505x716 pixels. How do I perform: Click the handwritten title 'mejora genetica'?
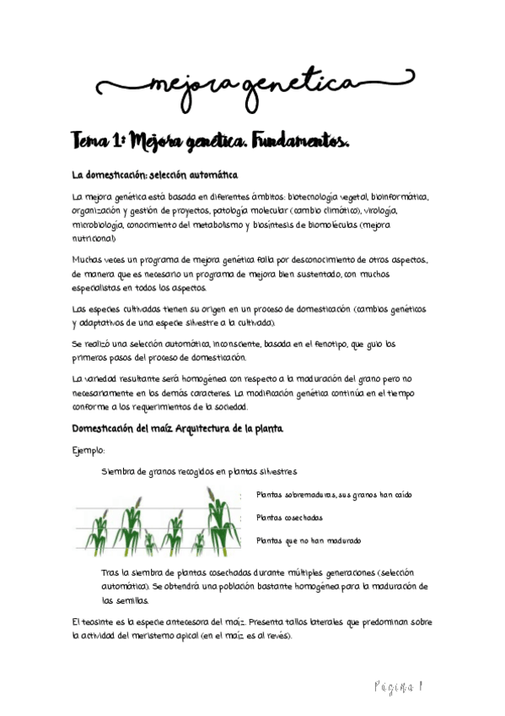click(252, 84)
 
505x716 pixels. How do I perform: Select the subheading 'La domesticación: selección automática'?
click(156, 175)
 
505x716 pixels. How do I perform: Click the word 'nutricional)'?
click(93, 239)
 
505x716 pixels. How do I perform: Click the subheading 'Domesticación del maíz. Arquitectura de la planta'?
click(178, 428)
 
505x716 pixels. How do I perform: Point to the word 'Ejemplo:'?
click(89, 451)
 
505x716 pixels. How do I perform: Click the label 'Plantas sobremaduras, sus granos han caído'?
click(334, 495)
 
